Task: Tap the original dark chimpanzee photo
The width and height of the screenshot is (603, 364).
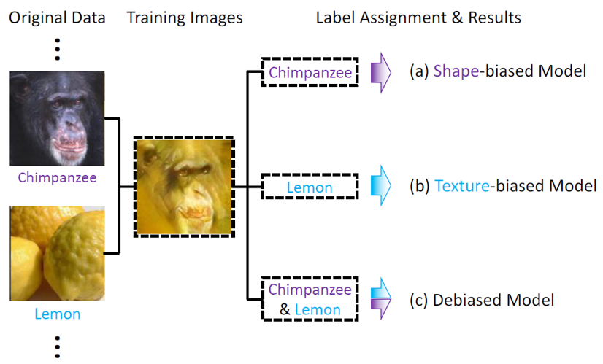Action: [57, 118]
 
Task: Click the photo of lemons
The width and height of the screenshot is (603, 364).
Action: [57, 253]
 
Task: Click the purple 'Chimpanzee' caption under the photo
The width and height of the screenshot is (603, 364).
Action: [57, 178]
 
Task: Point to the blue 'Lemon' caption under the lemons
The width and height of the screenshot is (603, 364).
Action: [57, 314]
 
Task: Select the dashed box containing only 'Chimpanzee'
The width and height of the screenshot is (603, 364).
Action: [311, 72]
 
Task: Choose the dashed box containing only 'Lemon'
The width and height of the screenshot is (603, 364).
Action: [310, 187]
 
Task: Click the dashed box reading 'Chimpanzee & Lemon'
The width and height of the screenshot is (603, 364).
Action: [310, 299]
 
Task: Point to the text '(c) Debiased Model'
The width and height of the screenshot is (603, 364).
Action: [483, 300]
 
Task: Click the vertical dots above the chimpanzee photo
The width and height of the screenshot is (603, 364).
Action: [57, 48]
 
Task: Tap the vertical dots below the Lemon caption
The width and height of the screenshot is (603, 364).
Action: [57, 344]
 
